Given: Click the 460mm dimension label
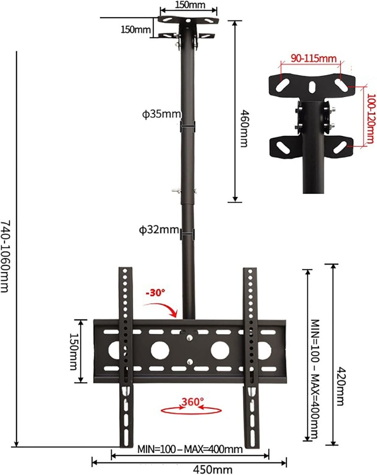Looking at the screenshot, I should coord(243,128).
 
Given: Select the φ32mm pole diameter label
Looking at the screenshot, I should coord(159,230).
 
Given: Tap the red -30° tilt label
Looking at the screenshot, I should coord(155,293).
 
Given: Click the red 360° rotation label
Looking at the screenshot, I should coord(192,402).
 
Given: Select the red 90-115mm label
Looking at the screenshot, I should coord(313,58).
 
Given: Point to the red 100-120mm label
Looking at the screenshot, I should coord(370,119).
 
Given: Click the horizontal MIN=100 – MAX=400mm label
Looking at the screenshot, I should coord(190,449).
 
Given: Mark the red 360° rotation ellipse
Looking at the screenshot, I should coord(191,410).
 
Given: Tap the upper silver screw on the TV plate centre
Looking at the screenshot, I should coord(190,338).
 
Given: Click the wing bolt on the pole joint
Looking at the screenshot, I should coord(176,191).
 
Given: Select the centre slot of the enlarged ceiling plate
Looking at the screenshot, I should coord(311,87).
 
